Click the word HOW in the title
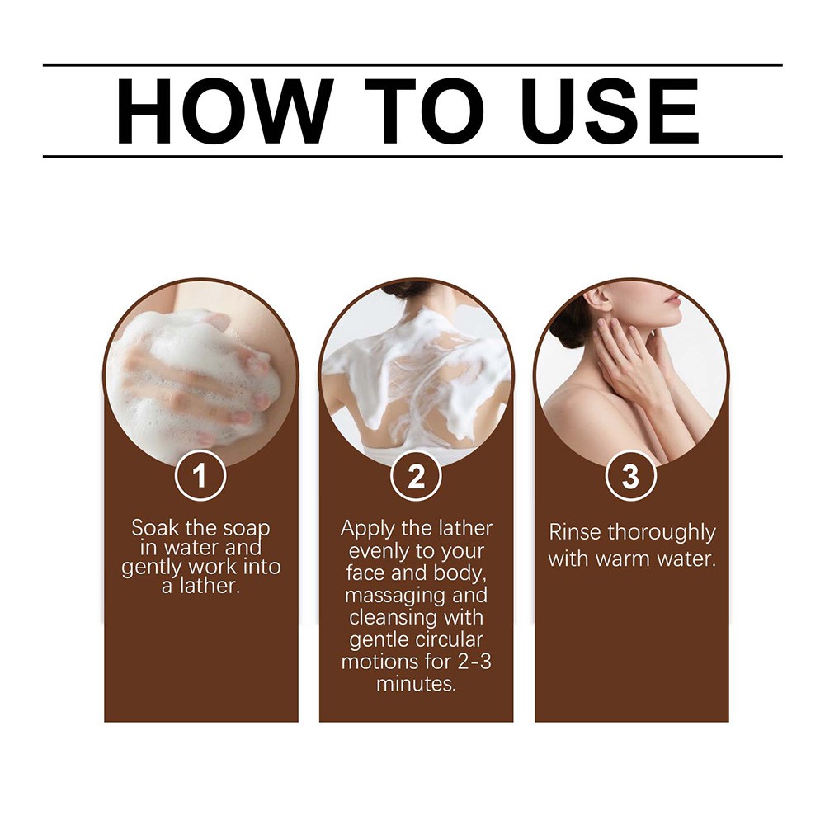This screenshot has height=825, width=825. pos(224,111)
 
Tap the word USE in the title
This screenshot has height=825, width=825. pos(610,111)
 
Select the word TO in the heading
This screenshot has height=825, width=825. pos(423,111)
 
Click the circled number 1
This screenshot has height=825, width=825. pos(200,476)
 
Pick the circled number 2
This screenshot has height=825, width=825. pos(416,476)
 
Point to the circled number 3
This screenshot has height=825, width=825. pos(630,476)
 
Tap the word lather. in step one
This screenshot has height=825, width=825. pos(210,586)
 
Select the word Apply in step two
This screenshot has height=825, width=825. pos(367,529)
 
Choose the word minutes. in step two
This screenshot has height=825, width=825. pos(416,683)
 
